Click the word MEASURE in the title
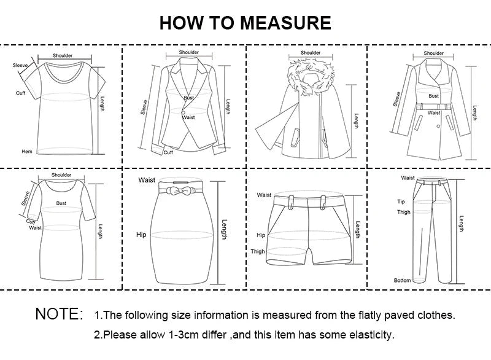coord(285,23)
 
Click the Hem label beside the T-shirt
coord(27,151)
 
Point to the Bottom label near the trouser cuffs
coord(402,280)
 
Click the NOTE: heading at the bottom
coord(59,315)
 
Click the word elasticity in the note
coord(371,335)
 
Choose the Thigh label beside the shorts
coord(258,251)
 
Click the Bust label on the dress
coord(61,202)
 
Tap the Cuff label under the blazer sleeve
coord(168,152)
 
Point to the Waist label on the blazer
coord(188,117)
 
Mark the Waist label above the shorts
coord(264,195)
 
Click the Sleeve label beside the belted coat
coord(397,98)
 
